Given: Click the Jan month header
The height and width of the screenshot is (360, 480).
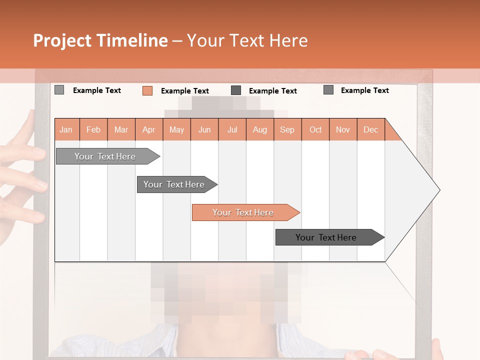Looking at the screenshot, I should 66,129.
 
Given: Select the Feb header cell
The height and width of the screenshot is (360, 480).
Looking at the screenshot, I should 93,129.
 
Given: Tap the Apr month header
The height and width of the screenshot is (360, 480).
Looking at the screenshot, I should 148,129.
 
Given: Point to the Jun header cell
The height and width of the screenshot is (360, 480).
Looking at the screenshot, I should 204,129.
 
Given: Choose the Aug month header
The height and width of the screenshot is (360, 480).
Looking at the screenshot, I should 259,129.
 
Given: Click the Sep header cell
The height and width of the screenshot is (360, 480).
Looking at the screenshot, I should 287,129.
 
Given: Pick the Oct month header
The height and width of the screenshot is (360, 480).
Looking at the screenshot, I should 315,129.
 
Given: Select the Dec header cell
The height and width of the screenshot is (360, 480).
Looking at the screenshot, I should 370,129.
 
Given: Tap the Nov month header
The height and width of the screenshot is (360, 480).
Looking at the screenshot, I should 342,129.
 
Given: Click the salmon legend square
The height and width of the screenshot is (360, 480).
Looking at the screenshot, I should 147,90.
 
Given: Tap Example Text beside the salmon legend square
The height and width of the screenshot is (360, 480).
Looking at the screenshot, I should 184,91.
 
